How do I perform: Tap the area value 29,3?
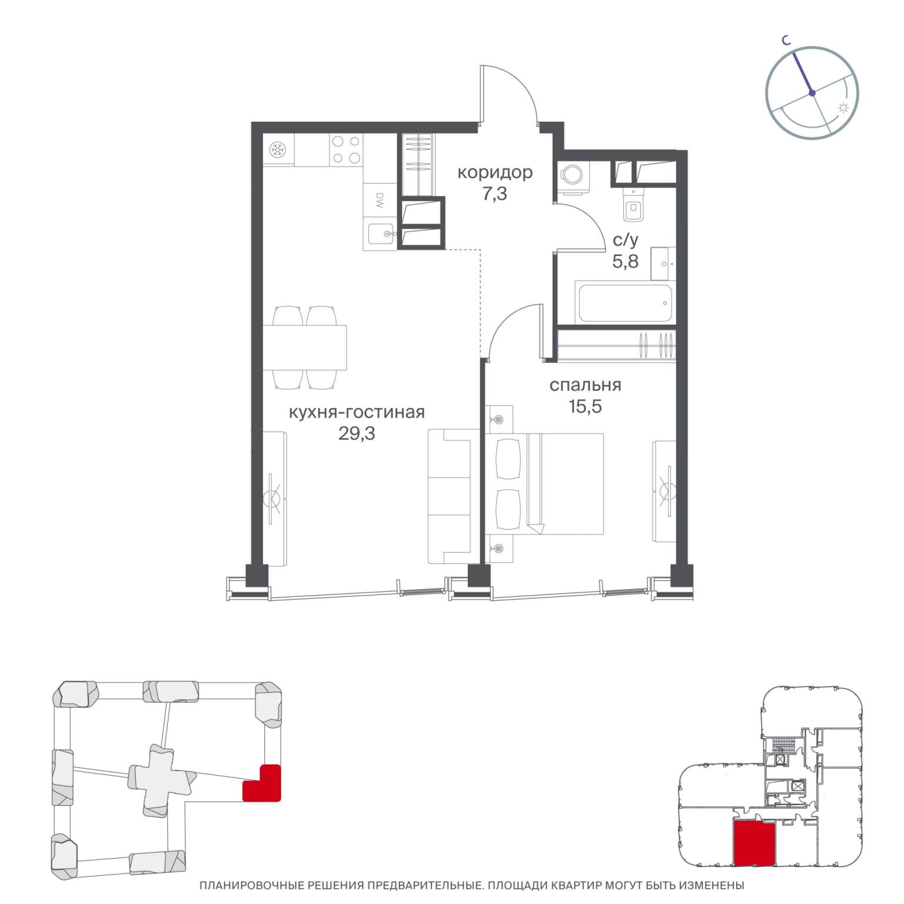(357, 433)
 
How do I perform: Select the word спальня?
(585, 385)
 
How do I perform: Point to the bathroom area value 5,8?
(625, 261)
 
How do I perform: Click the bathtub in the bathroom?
(625, 303)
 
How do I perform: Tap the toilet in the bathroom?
(633, 207)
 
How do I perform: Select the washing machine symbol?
(570, 175)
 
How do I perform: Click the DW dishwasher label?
(379, 201)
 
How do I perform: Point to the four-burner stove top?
(346, 149)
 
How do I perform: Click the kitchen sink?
(381, 234)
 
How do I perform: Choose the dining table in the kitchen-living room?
(305, 347)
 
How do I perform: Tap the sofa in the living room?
(454, 496)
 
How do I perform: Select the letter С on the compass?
(785, 40)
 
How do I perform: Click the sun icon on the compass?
(843, 108)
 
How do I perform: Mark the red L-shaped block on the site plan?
(262, 783)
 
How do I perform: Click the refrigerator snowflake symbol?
(278, 150)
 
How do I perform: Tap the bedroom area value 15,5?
(585, 406)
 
